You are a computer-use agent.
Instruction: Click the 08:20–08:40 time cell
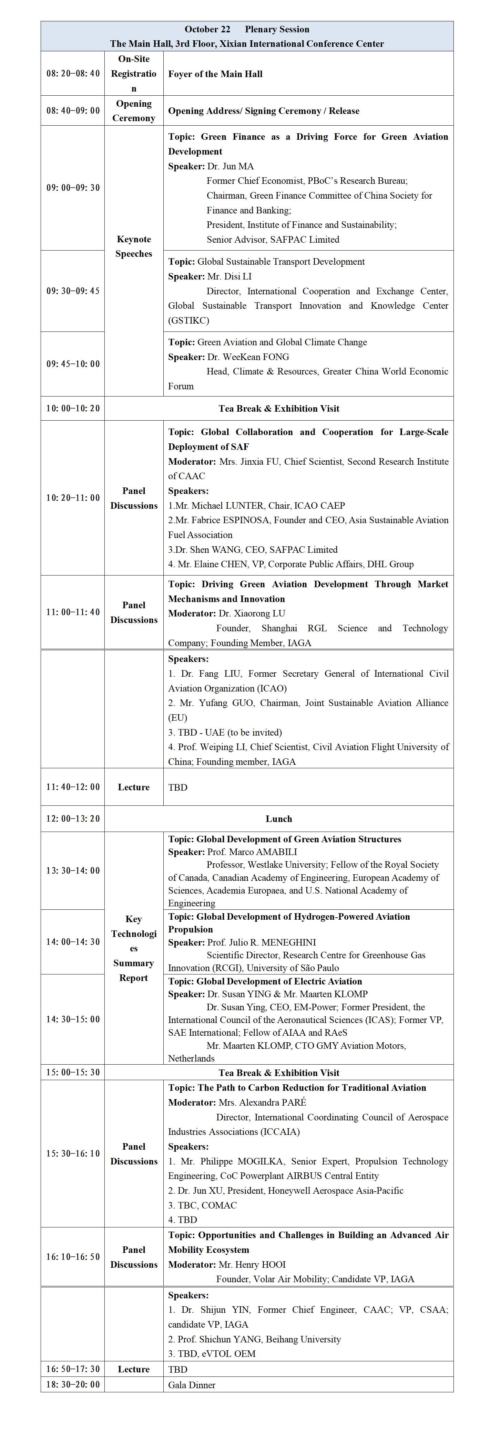[x=73, y=74]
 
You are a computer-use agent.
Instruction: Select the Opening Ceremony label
[x=134, y=111]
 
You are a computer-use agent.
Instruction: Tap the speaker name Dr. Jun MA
[x=230, y=166]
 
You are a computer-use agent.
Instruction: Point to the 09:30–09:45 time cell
[x=73, y=291]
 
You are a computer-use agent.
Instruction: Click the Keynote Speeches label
[x=134, y=246]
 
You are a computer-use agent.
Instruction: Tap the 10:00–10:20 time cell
[x=73, y=408]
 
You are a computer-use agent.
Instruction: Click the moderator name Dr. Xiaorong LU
[x=252, y=613]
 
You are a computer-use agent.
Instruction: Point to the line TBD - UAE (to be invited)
[x=225, y=732]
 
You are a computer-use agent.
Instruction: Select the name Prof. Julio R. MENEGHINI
[x=262, y=942]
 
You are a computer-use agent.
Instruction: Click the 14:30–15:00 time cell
[x=73, y=1019]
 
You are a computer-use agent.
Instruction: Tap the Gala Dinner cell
[x=192, y=1384]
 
